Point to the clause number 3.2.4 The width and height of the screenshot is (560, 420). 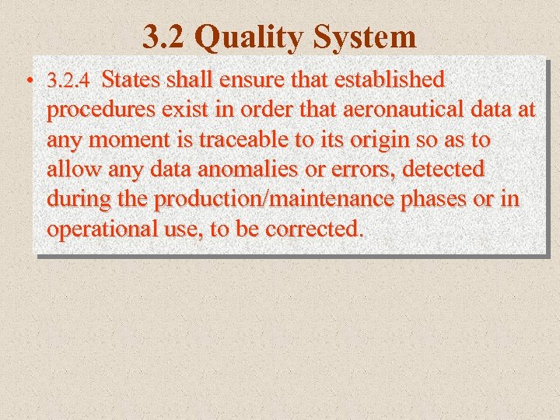[69, 80]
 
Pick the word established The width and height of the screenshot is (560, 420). [391, 79]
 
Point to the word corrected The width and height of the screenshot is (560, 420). [314, 229]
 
